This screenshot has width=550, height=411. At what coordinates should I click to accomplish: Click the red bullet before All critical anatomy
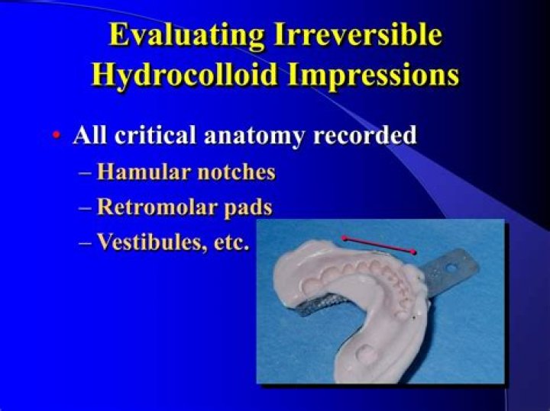[56, 135]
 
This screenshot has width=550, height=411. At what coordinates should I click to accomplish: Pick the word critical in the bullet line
[154, 134]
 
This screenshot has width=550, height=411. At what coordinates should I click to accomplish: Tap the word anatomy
[254, 136]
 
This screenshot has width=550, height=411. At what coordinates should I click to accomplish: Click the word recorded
[365, 134]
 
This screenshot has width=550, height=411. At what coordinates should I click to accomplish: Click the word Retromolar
[157, 207]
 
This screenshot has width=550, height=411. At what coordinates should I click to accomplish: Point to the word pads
[247, 207]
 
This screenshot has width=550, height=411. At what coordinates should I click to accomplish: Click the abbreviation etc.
[231, 242]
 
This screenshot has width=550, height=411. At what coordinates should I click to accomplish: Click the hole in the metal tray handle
[451, 268]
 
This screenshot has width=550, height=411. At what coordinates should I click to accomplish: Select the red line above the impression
[379, 245]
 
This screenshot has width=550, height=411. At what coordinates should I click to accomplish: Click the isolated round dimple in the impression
[365, 354]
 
